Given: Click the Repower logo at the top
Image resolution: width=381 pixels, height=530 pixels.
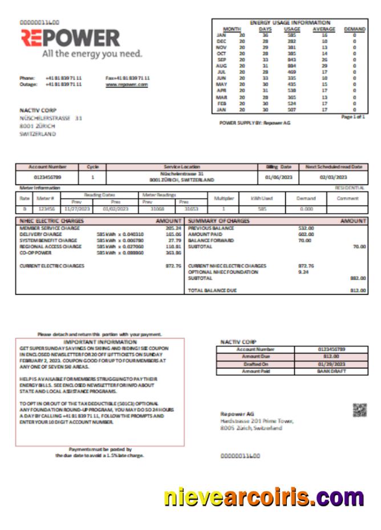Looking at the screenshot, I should (70, 38).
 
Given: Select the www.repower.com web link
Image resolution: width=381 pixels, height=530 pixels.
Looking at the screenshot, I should (127, 84).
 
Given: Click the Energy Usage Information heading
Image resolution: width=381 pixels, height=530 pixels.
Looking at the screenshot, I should (290, 22).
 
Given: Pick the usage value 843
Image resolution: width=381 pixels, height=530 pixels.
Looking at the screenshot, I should (291, 59).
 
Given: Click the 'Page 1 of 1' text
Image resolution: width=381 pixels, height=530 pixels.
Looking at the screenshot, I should (352, 116).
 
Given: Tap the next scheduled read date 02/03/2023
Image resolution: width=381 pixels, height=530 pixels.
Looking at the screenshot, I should (333, 177).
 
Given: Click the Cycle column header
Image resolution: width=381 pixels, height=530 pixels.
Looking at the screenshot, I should (92, 167).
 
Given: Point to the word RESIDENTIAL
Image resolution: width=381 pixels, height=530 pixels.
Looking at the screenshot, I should (350, 187).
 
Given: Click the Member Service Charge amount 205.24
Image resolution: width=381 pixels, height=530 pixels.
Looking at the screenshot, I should (173, 228).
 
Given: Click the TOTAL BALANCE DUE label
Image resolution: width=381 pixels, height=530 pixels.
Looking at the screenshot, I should (212, 290).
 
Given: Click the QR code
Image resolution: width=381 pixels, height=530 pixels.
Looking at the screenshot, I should (359, 409).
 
